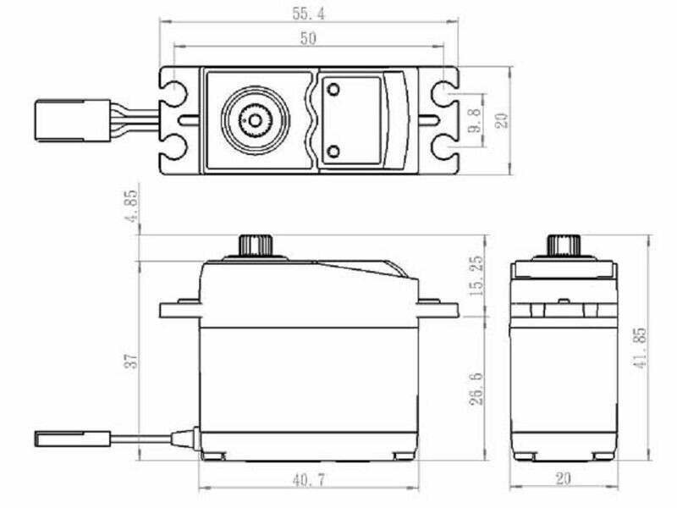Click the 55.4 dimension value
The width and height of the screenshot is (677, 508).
(x=308, y=14)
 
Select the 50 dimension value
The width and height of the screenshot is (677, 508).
(x=308, y=38)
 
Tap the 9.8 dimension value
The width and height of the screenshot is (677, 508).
(x=474, y=120)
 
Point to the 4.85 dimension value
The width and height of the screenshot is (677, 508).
(x=131, y=206)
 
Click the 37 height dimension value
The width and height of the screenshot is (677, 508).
(x=131, y=361)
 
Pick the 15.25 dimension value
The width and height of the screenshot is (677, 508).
(x=476, y=276)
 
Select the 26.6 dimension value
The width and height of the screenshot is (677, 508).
(x=476, y=389)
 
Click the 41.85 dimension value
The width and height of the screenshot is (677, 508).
(x=640, y=348)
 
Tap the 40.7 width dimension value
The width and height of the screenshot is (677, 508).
(x=309, y=480)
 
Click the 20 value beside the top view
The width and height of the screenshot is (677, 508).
(x=501, y=120)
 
